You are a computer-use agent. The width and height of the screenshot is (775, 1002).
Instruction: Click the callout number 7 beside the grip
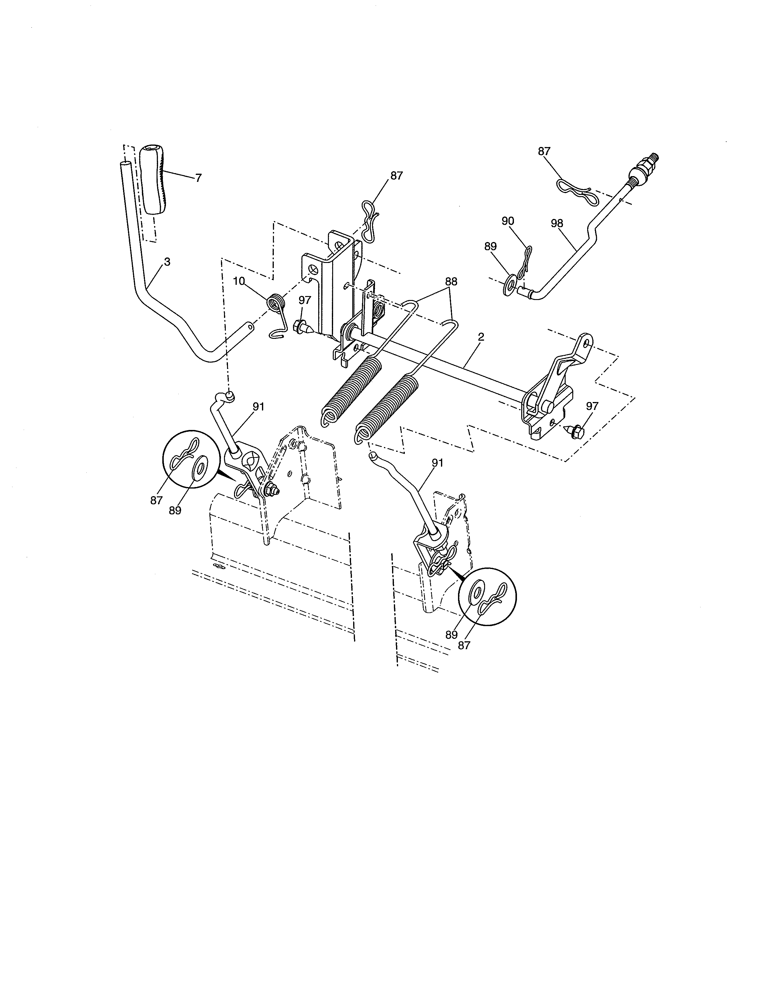pyautogui.click(x=198, y=178)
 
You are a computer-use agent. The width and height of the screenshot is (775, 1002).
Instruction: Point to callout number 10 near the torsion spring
pyautogui.click(x=239, y=281)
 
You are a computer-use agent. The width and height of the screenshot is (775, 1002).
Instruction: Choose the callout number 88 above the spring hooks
pyautogui.click(x=451, y=281)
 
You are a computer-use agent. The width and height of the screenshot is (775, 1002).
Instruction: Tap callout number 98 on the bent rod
pyautogui.click(x=556, y=223)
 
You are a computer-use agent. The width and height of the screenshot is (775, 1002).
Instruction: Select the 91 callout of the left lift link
pyautogui.click(x=259, y=407)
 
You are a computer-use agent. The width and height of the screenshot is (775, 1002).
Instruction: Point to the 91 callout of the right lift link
pyautogui.click(x=438, y=463)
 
